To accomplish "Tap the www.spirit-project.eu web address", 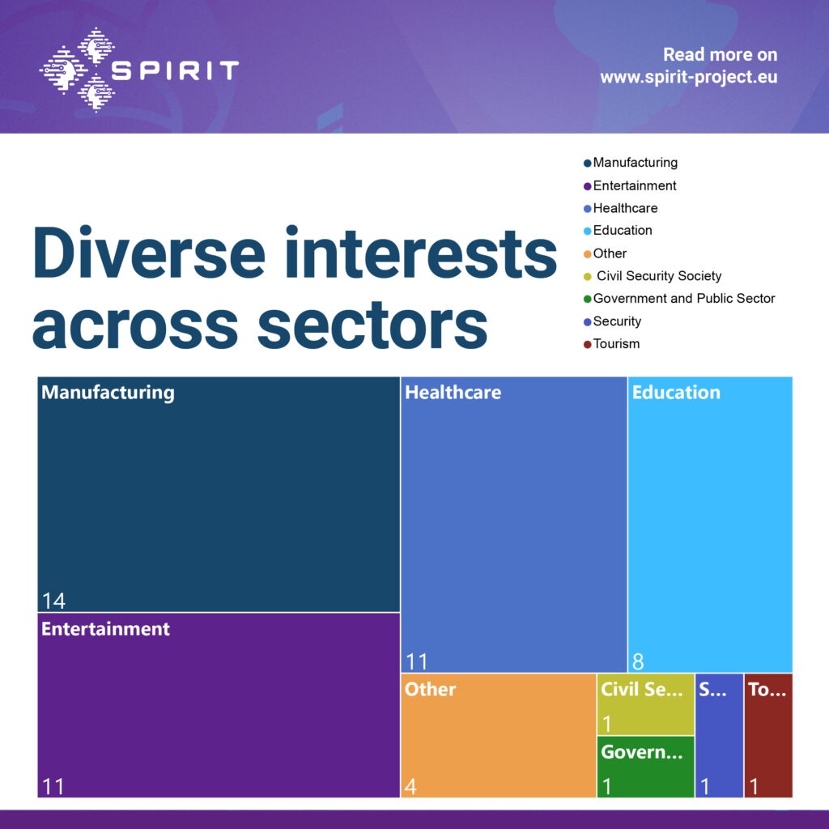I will (x=688, y=79).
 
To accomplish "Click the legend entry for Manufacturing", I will (x=635, y=163).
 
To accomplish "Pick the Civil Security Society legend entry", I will (x=658, y=276).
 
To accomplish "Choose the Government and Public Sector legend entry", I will (x=683, y=299).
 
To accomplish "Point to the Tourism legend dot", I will (x=588, y=345).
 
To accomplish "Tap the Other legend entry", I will (x=610, y=253).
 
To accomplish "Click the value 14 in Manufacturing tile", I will (x=53, y=601).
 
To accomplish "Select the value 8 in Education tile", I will (x=638, y=661).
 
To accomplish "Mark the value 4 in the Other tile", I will (x=410, y=786).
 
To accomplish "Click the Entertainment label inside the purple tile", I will (x=105, y=629).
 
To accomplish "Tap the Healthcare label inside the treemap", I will (x=453, y=393).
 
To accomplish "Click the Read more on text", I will (x=720, y=55).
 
